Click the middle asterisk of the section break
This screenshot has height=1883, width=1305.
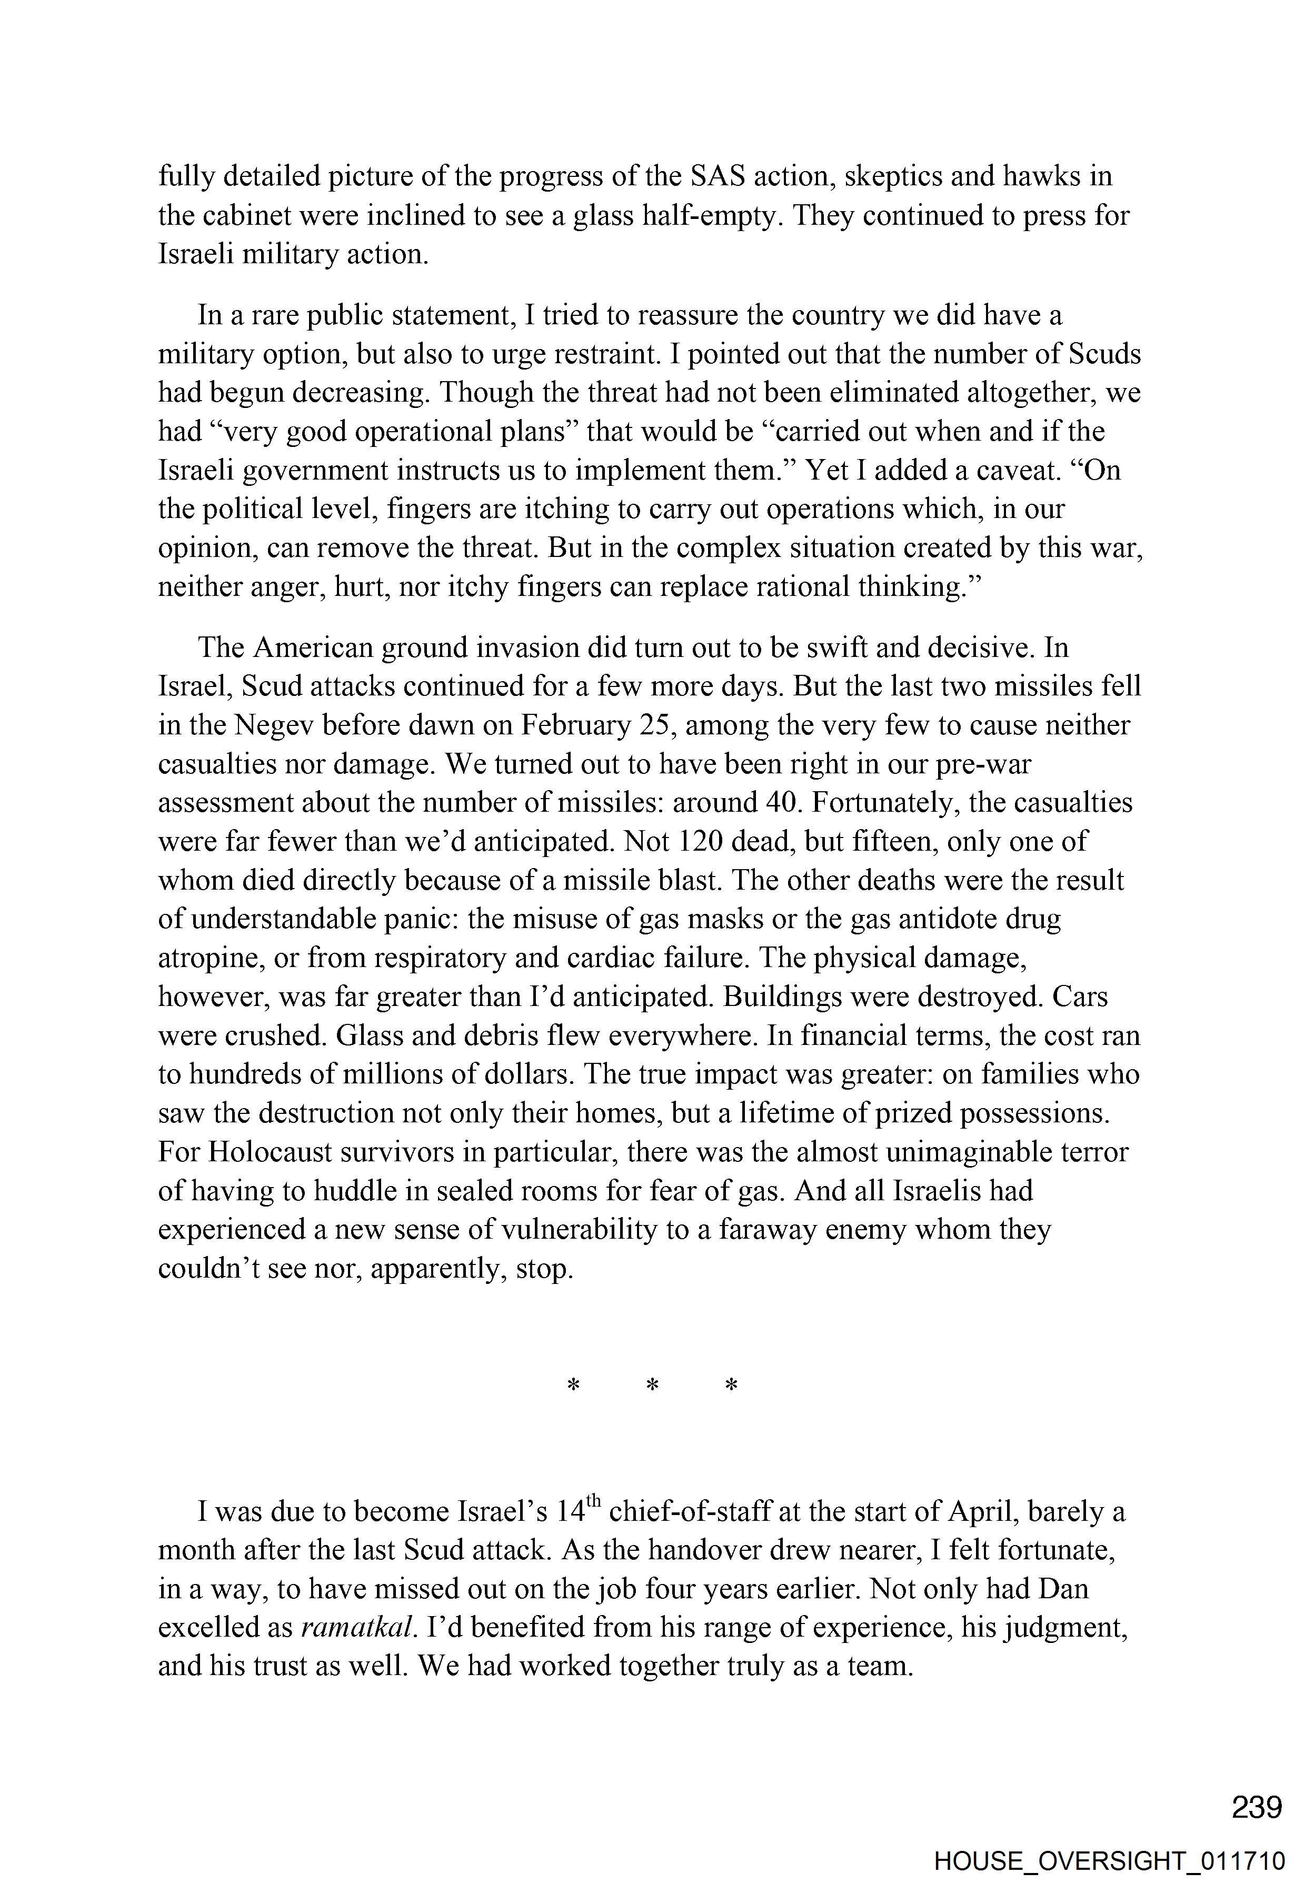click(653, 1385)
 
